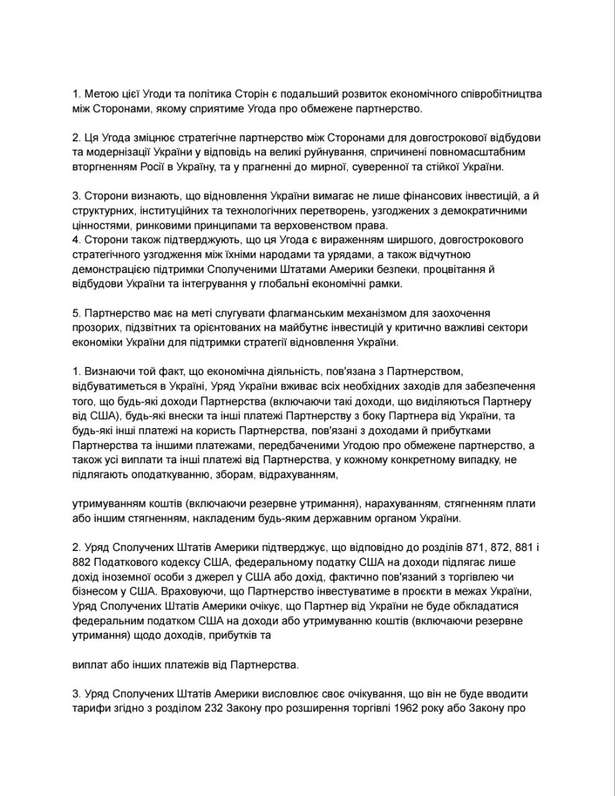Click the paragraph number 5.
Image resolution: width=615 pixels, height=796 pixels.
(76, 313)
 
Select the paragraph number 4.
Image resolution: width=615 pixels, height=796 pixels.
(76, 239)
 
